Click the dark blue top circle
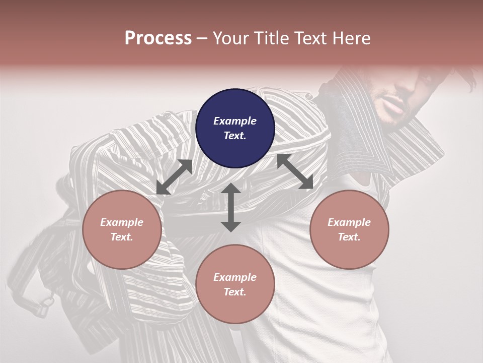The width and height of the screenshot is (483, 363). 235,128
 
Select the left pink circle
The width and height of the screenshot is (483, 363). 122,229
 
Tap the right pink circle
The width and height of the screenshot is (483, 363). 349,229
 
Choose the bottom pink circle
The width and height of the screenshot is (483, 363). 235,284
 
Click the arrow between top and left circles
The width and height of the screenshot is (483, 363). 174,177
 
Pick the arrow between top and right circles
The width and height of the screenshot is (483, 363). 295,172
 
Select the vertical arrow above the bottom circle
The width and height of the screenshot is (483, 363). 231,207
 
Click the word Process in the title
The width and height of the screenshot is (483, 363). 158,38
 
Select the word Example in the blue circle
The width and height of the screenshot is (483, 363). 235,121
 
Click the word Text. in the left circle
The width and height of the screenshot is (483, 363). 122,237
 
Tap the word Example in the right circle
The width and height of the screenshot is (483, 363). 349,222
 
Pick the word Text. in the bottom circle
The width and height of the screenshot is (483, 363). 235,292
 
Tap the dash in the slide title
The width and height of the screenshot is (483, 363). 202,39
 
